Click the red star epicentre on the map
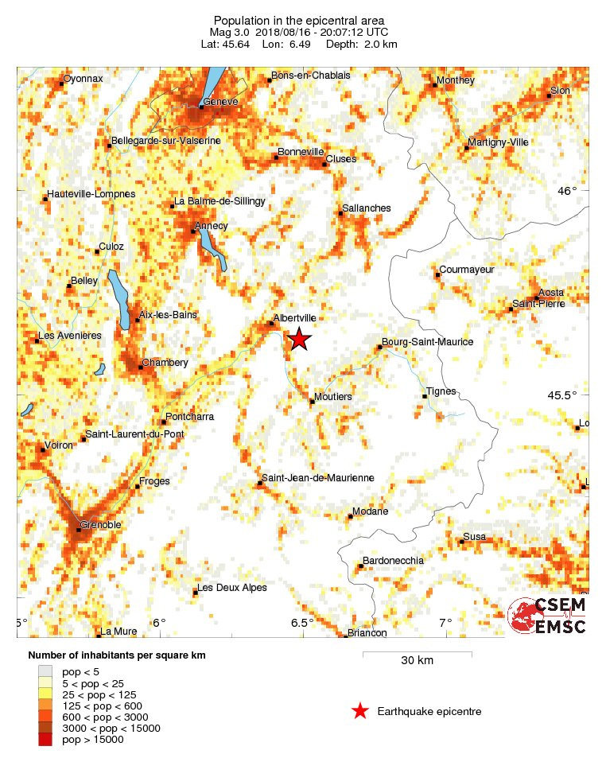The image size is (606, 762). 299,339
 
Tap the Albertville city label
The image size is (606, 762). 295,318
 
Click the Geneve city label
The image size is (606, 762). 221,102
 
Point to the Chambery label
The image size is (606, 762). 165,363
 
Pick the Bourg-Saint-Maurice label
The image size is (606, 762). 428,342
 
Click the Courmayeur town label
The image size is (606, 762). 467,270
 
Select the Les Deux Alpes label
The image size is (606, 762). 231,588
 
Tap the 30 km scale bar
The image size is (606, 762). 417,655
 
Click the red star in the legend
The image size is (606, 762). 360,711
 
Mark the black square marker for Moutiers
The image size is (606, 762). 312,402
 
